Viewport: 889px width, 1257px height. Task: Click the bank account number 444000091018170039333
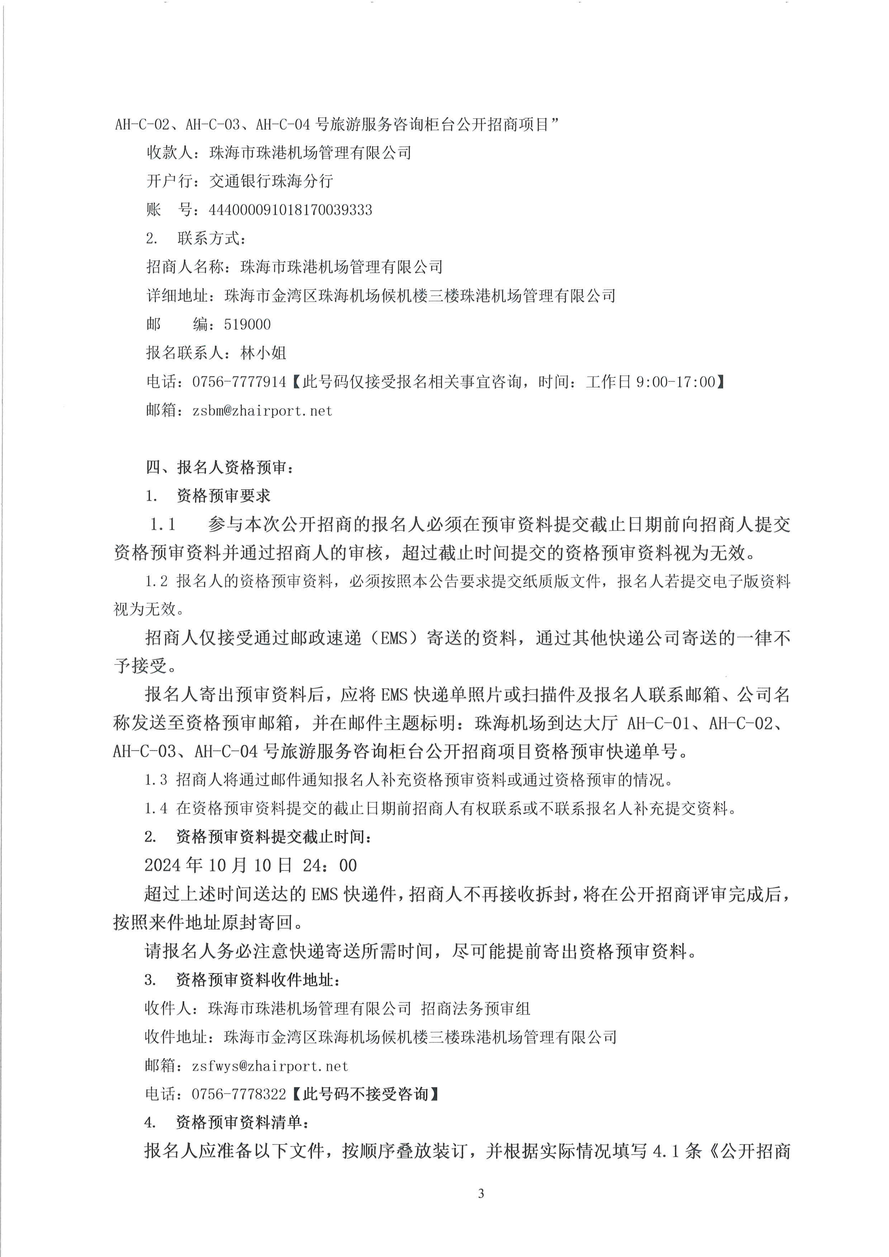click(x=290, y=210)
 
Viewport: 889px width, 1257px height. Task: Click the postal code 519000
click(x=247, y=325)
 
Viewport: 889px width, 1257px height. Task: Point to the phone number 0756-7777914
click(x=239, y=382)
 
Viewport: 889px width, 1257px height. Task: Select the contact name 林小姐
click(x=263, y=353)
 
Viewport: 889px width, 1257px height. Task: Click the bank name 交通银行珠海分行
click(x=271, y=181)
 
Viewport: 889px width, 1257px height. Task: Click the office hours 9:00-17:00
click(x=675, y=382)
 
